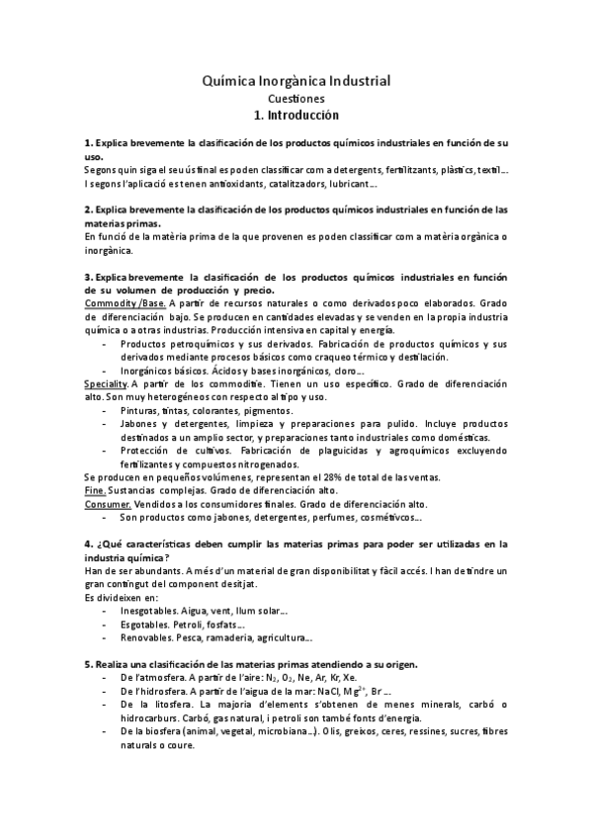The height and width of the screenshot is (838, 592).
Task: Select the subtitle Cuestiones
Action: coord(296,98)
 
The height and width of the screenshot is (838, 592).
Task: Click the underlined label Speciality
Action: coord(106,382)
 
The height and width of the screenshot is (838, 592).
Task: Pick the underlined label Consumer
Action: coord(107,503)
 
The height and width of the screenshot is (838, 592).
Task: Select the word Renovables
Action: coord(147,637)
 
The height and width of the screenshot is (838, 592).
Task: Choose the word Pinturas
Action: coord(141,408)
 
